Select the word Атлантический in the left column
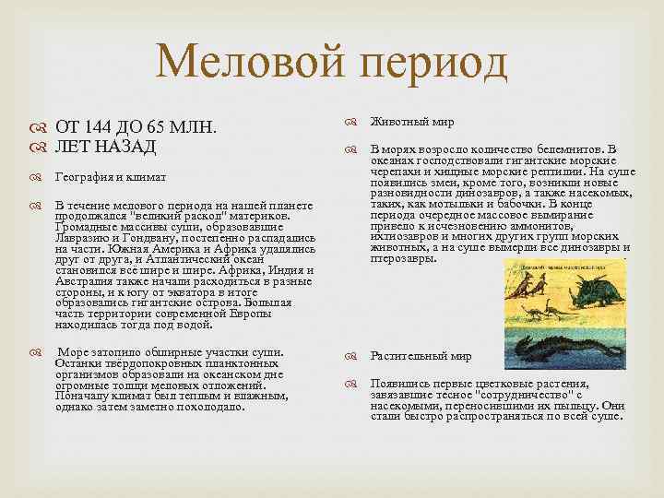click(203, 260)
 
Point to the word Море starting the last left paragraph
click(75, 352)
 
